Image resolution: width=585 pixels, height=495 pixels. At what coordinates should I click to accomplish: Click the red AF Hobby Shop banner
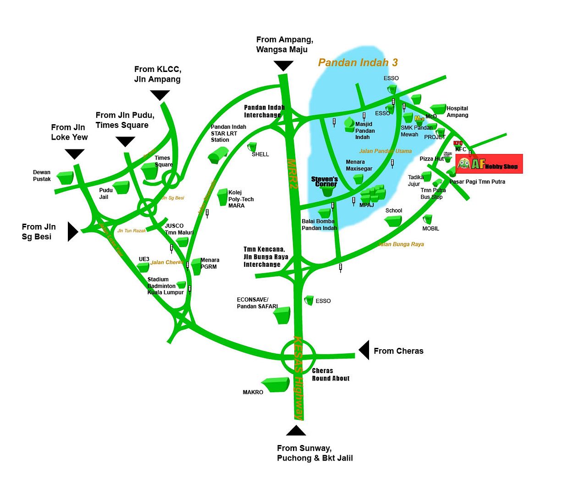click(x=489, y=164)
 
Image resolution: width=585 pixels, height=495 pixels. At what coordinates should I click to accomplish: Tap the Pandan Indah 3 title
click(x=358, y=63)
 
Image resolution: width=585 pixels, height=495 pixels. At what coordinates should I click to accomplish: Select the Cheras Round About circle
click(x=298, y=355)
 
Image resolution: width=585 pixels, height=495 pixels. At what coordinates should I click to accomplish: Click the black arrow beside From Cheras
click(x=364, y=350)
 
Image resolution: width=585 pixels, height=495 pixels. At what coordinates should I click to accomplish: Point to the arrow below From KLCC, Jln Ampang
click(x=160, y=95)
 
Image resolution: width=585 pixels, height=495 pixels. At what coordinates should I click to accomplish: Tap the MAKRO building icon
click(x=276, y=385)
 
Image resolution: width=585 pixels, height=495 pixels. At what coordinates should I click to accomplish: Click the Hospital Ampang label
click(x=457, y=112)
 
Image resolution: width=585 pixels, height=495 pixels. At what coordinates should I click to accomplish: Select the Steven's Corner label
click(x=325, y=181)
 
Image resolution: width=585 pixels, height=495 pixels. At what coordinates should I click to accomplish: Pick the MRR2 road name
click(x=292, y=174)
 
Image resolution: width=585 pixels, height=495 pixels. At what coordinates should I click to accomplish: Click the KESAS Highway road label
click(x=299, y=378)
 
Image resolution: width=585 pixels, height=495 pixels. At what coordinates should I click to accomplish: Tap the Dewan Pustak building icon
click(x=65, y=178)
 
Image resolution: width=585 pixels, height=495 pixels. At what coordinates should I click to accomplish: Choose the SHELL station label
click(x=260, y=154)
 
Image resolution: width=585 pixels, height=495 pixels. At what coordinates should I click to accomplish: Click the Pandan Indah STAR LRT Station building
click(x=218, y=154)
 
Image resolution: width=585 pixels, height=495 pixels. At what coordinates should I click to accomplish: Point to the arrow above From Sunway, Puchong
click(x=296, y=430)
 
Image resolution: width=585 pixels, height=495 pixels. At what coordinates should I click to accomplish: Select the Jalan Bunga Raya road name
click(x=401, y=244)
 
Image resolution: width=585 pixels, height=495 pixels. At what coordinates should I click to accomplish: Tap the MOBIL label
click(x=430, y=229)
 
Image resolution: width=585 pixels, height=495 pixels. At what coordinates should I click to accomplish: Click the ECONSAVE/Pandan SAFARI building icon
click(x=281, y=315)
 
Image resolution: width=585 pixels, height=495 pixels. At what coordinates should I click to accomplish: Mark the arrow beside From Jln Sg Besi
click(x=72, y=231)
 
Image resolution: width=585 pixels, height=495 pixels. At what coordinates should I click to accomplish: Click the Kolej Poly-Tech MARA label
click(x=241, y=199)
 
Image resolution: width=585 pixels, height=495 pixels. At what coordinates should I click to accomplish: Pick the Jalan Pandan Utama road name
click(x=385, y=151)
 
